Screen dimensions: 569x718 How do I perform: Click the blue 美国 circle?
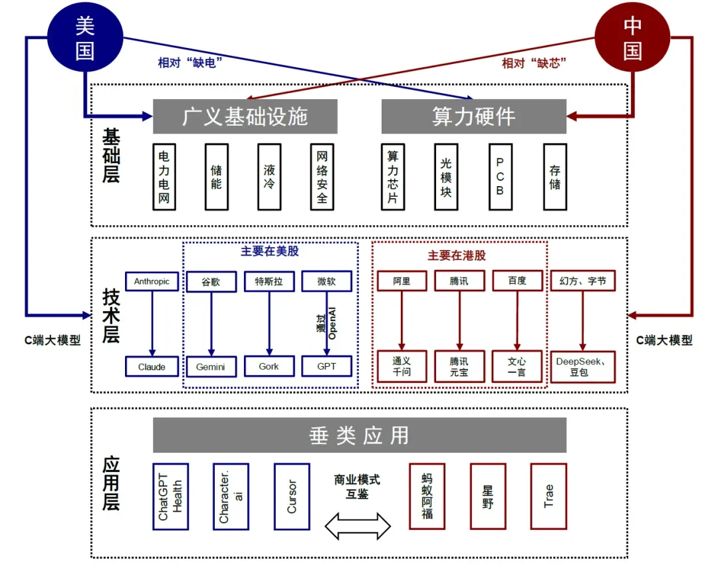[84, 38]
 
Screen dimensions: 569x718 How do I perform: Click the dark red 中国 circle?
[632, 38]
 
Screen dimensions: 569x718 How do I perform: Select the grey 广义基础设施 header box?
[245, 116]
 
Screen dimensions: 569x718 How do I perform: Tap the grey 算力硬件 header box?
[473, 116]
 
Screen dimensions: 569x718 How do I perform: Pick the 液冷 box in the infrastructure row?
[269, 176]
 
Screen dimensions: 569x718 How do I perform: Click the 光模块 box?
[446, 176]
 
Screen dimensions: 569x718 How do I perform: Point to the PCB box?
[500, 176]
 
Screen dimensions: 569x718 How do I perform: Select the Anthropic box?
[152, 281]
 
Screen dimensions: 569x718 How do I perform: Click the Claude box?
[152, 366]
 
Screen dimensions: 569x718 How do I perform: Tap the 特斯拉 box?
[269, 281]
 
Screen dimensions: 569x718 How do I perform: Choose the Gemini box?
[211, 366]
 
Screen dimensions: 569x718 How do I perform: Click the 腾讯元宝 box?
[459, 366]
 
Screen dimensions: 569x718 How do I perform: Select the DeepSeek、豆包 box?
[582, 366]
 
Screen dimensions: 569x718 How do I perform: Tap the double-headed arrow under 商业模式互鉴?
[358, 525]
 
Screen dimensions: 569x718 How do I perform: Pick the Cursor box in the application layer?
[292, 497]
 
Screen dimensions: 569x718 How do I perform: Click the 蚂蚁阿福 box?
[427, 497]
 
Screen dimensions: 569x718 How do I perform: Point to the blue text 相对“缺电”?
[189, 63]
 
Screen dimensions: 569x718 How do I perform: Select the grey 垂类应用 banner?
[359, 435]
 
